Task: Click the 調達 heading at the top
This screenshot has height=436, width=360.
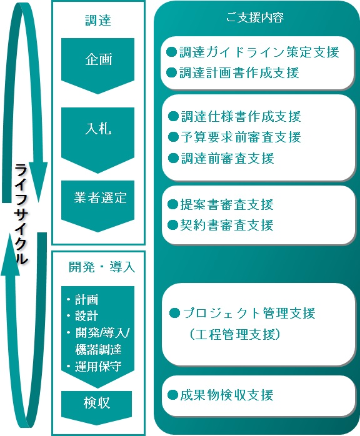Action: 98,21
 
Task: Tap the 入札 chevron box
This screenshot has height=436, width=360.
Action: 97,140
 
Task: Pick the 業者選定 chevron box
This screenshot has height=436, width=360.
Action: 97,206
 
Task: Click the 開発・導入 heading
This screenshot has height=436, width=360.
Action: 102,267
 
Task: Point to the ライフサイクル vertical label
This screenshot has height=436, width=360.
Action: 21,214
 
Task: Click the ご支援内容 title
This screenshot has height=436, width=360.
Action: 254,17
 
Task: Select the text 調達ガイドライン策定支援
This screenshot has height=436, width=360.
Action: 259,52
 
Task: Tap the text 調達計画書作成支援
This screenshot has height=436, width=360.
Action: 239,73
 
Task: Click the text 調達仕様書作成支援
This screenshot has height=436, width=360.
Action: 241,116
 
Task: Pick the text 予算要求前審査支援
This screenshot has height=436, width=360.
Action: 241,137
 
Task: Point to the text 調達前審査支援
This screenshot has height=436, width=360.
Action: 228,158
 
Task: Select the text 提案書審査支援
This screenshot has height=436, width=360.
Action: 227,204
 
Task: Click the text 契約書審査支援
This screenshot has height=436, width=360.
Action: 227,225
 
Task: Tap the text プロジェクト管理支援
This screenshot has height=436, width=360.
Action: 249,313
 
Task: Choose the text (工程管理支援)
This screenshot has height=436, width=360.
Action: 235,334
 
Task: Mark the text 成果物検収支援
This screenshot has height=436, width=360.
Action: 227,395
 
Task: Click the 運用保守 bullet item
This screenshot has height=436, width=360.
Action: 94,367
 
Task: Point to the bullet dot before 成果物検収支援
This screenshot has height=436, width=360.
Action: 172,395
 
